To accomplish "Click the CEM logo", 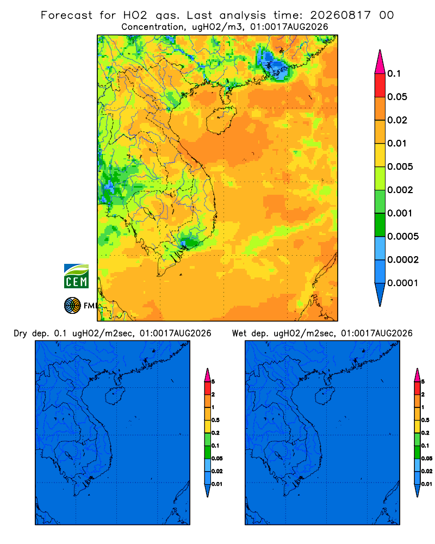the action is coord(76,276).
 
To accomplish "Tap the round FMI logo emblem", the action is coord(72,305).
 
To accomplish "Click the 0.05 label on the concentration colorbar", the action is coord(397,97).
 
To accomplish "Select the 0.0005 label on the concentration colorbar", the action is coord(403,237).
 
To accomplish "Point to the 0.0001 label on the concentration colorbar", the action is coord(403,283).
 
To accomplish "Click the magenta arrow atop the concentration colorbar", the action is coord(380,61).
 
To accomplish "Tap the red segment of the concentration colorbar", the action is coord(380,85).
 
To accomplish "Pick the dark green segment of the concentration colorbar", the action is coord(380,225).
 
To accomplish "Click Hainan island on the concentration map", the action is coord(221,120).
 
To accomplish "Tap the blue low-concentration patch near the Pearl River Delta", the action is coord(274,66).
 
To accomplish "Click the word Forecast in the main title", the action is coord(66,15).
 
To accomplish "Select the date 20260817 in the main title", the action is coord(340,15).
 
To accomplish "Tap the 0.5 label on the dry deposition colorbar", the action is coord(215,420).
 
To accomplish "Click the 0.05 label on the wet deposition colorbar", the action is coord(427,458).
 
